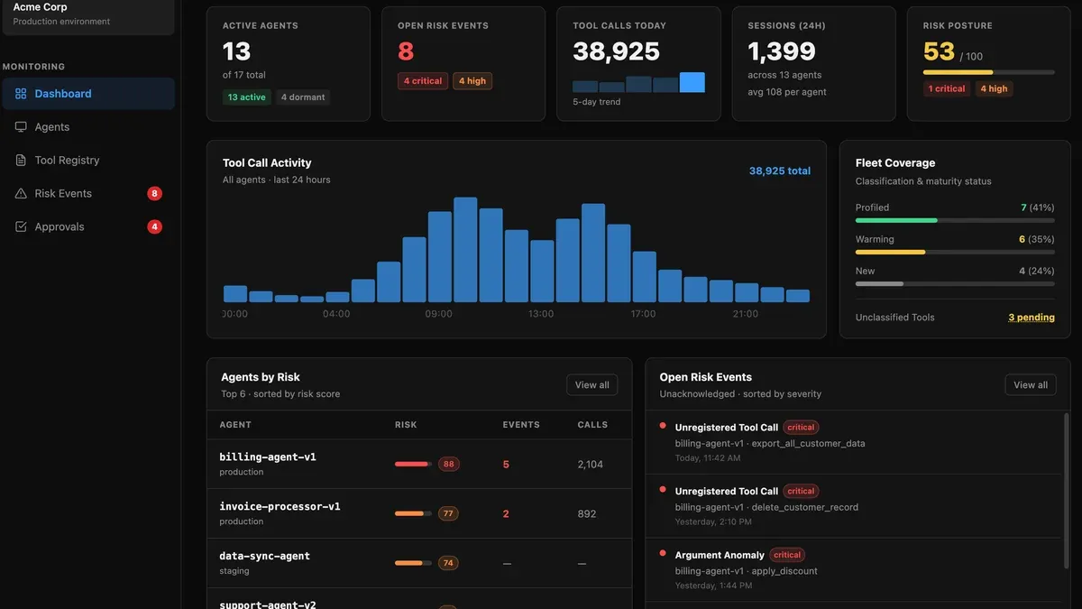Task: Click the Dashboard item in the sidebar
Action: [88, 94]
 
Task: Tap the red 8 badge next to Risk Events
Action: [154, 193]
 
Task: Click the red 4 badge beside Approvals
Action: [154, 226]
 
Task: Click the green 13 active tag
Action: [246, 97]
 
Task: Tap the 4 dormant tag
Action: [303, 97]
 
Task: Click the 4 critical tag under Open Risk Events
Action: [423, 80]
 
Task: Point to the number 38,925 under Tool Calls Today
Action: [616, 51]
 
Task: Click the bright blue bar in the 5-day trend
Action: [692, 82]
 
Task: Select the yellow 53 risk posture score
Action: [939, 51]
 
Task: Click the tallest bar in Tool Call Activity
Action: [465, 249]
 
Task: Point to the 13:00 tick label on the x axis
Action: [541, 314]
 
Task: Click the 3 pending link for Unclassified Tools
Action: [1032, 318]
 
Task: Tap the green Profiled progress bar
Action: [896, 220]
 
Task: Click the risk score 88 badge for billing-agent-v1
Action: [449, 464]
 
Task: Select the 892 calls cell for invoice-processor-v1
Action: [587, 513]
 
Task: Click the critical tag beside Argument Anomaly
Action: [787, 555]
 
